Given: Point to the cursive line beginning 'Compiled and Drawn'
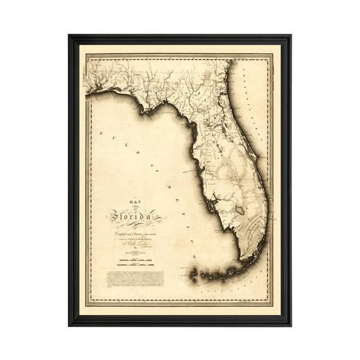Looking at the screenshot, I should pos(135,232).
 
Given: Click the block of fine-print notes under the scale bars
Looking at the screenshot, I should pos(135,278).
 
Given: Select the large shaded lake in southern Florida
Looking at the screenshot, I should pos(239,210).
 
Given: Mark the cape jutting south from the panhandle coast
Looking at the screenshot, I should pos(149,112).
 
